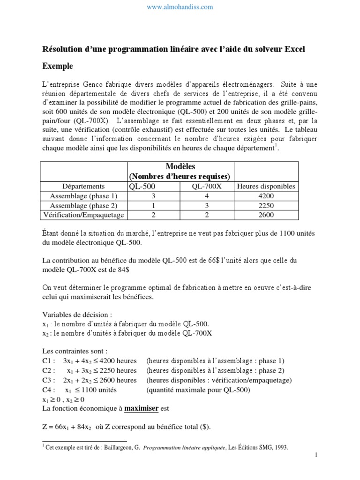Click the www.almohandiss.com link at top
pyautogui.click(x=180, y=7)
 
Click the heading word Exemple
pyautogui.click(x=58, y=67)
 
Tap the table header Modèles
pyautogui.click(x=180, y=167)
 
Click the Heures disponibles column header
pyautogui.click(x=266, y=186)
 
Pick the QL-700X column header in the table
pyautogui.click(x=207, y=186)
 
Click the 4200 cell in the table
pyautogui.click(x=266, y=196)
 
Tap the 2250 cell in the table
pyautogui.click(x=266, y=205)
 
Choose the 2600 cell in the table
pyautogui.click(x=266, y=215)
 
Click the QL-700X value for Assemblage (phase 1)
pyautogui.click(x=207, y=196)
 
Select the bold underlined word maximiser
pyautogui.click(x=142, y=408)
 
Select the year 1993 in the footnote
pyautogui.click(x=280, y=447)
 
